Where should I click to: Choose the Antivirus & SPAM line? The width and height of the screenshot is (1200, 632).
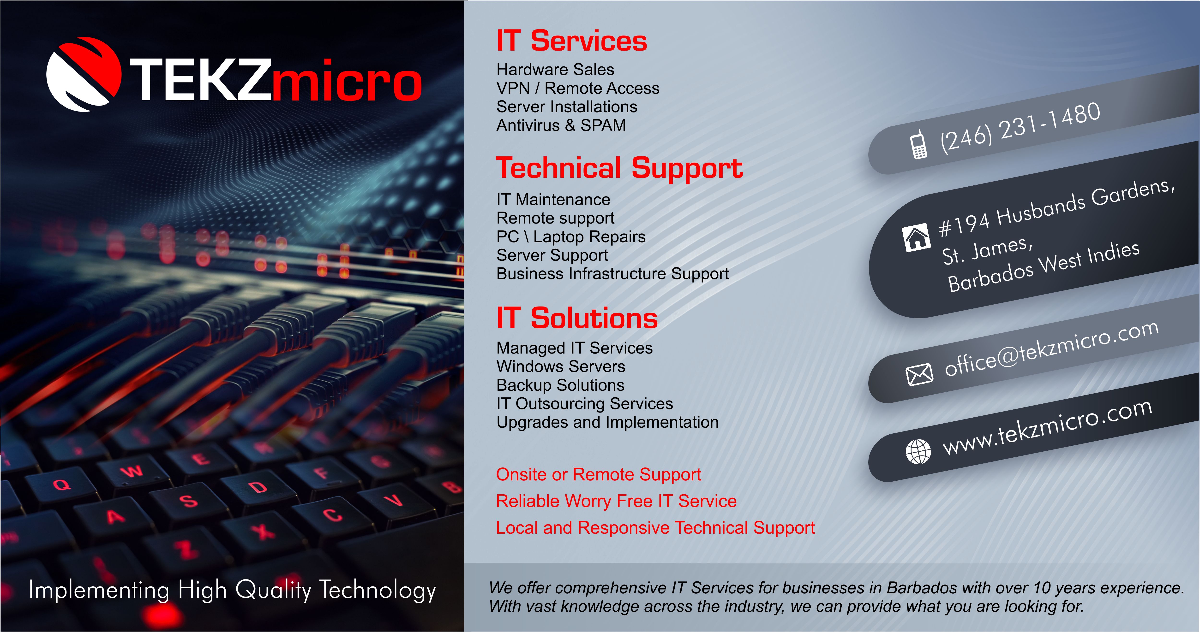[x=561, y=125]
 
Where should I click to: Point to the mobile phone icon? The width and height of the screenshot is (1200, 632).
[x=919, y=145]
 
